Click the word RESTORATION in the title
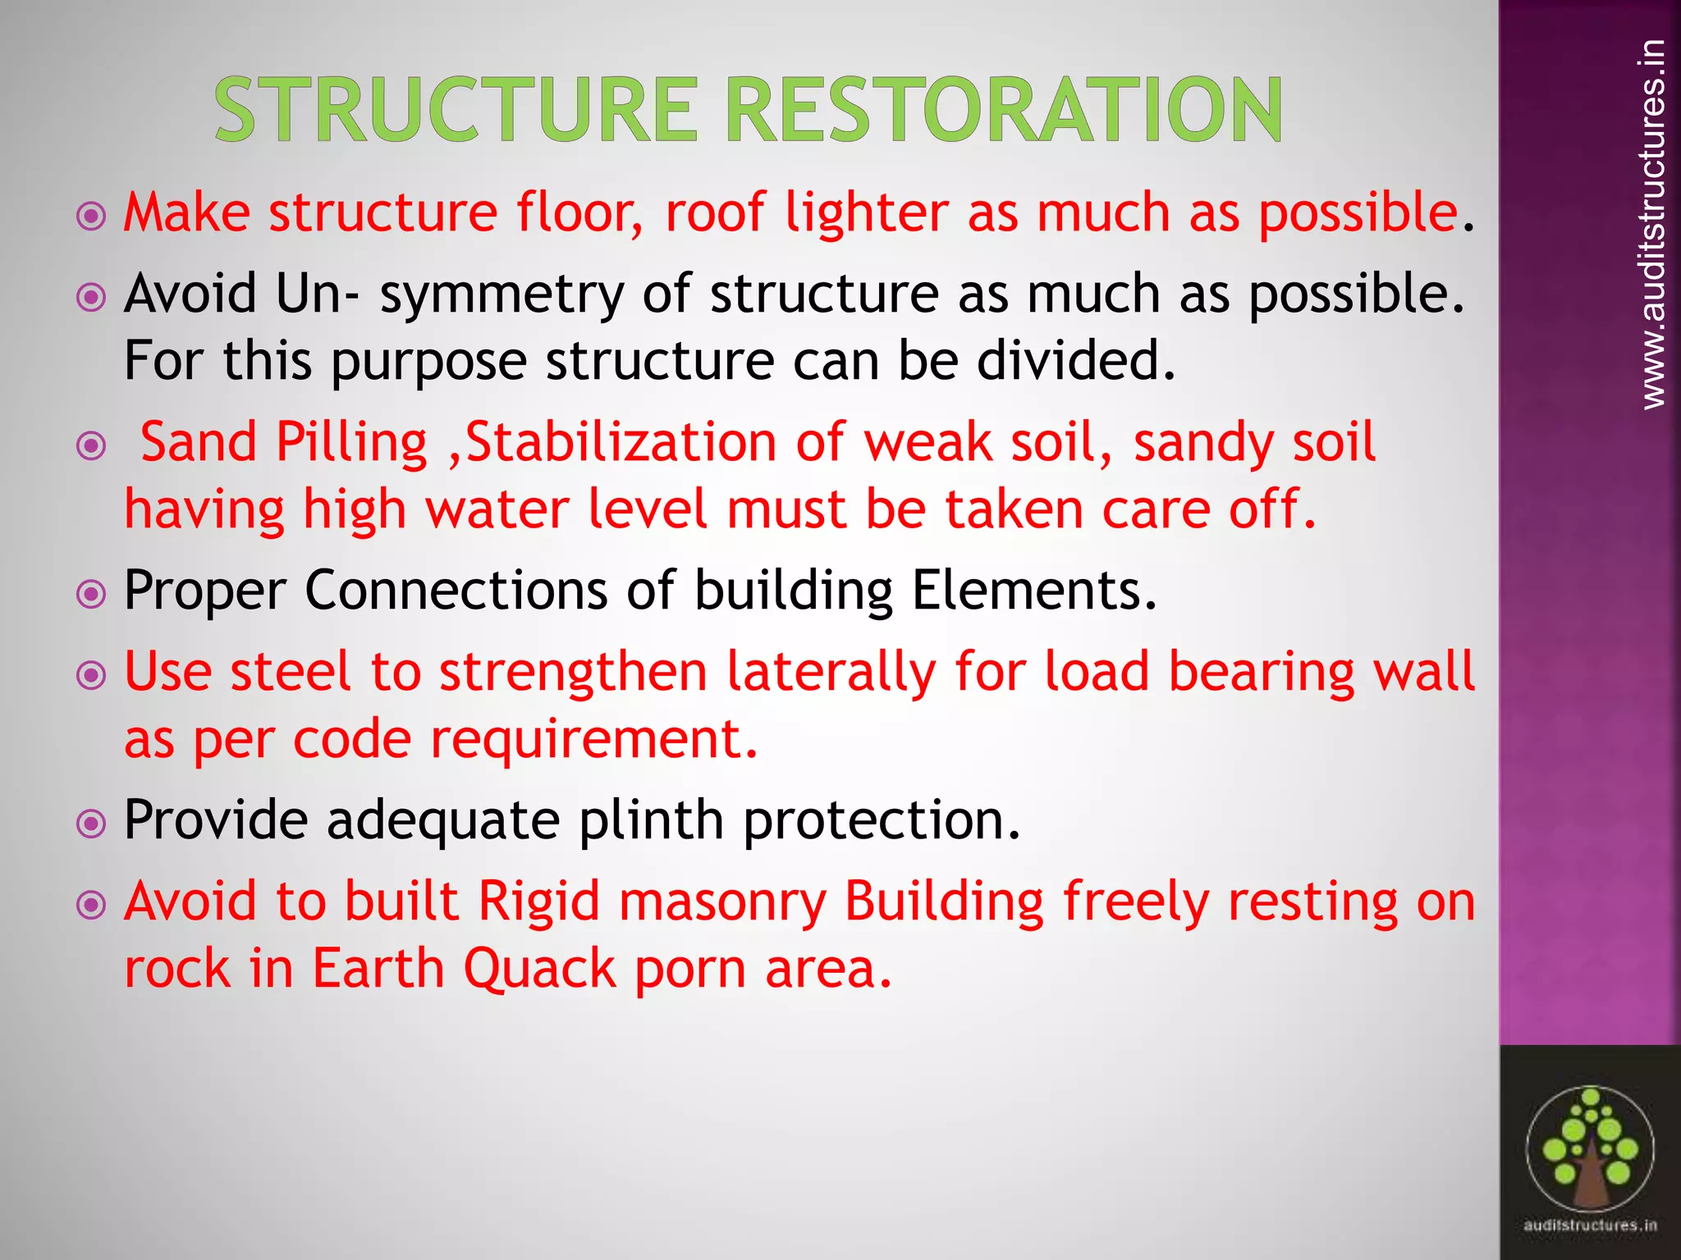coord(1004,109)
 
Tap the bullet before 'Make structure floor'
coord(91,217)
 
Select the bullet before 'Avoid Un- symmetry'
coord(91,297)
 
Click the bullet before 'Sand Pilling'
coord(91,446)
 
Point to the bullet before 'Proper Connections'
coord(91,594)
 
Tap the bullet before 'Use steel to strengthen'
coord(91,676)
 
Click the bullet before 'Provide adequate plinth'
coord(91,824)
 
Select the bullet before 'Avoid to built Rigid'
coord(91,906)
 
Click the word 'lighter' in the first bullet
coord(867,213)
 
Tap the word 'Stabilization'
coord(621,443)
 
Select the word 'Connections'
coord(456,590)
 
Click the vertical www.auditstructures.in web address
coord(1653,223)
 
